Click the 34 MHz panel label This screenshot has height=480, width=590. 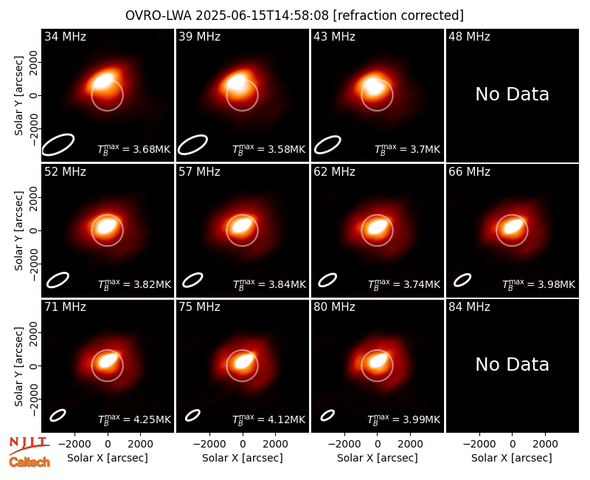tap(65, 36)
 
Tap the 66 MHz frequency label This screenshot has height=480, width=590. tap(469, 172)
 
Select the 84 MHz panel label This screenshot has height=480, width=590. tap(469, 307)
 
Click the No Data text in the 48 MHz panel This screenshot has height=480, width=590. tap(512, 95)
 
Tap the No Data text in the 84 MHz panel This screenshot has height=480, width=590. tap(512, 364)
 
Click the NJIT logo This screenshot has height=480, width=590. tap(29, 445)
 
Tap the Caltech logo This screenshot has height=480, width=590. tap(29, 462)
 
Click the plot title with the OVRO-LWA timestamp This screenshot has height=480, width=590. tap(294, 16)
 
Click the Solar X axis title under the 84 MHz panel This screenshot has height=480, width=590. tap(512, 458)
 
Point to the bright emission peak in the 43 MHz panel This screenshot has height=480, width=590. tap(374, 86)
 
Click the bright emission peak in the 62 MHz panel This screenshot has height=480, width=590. tap(378, 227)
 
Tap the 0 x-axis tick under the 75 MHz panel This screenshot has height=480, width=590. tap(243, 445)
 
